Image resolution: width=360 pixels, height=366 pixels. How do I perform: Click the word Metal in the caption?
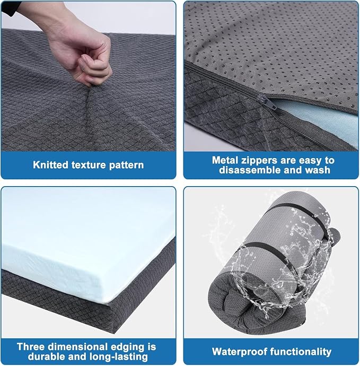coord(225,160)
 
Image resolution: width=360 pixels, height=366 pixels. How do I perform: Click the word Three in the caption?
coord(31,346)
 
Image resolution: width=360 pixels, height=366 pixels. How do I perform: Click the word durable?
coord(45,356)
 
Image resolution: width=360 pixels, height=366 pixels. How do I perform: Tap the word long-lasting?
coord(119,357)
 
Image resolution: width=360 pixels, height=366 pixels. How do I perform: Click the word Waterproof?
coord(240,352)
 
